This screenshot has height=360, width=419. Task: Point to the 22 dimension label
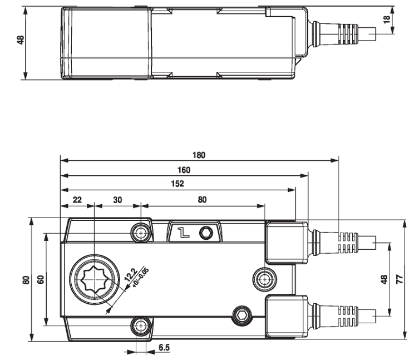click(x=77, y=199)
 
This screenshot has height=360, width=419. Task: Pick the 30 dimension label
click(x=117, y=199)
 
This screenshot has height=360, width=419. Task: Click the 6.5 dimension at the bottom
click(x=164, y=348)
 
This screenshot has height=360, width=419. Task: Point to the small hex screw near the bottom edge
click(x=241, y=314)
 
